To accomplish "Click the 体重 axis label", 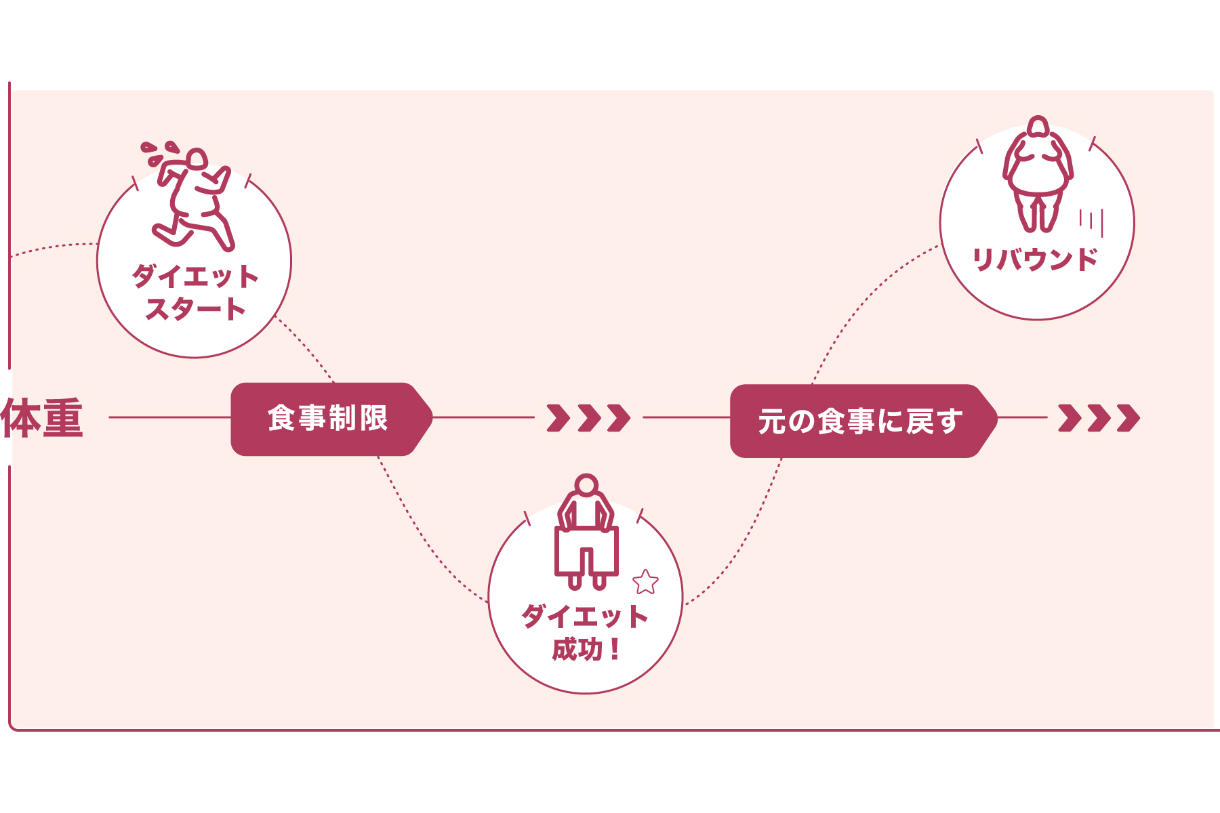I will point(42,418).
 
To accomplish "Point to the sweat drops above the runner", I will point(158,152).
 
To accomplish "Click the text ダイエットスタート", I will point(195,293).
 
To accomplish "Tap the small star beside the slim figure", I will point(645,581).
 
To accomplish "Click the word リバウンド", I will point(1035,259).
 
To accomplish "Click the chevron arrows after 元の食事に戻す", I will point(1099,418).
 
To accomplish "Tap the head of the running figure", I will point(197,160).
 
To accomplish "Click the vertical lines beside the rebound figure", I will point(1092,222).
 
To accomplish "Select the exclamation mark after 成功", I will point(615,650).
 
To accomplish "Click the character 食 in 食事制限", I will point(281,418).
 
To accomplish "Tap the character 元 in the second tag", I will point(771,421).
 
